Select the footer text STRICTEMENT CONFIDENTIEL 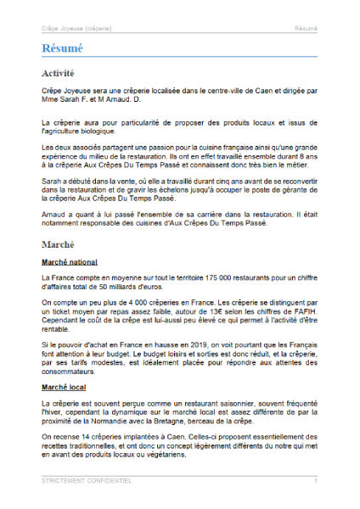[x=87, y=480]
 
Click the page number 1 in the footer [x=316, y=480]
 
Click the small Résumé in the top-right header [x=306, y=28]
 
